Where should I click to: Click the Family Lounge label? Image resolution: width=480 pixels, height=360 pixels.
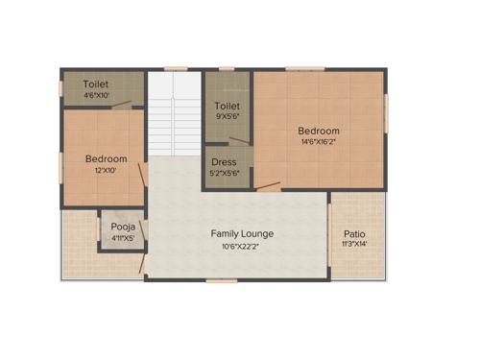click(x=243, y=233)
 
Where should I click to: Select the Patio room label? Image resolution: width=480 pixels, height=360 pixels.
click(x=354, y=233)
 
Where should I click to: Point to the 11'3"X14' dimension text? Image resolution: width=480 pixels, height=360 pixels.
click(x=354, y=245)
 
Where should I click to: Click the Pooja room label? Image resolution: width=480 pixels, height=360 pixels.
click(x=121, y=227)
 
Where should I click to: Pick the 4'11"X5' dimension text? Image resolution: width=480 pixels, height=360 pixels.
click(x=121, y=238)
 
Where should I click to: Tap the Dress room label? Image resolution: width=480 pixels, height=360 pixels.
click(x=224, y=162)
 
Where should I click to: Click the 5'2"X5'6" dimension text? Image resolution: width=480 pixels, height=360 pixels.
click(x=225, y=174)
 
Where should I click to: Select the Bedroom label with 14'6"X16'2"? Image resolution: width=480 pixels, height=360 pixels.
click(x=318, y=131)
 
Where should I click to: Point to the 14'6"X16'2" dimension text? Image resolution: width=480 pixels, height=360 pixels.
click(x=318, y=143)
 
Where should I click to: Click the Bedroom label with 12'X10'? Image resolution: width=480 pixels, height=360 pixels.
click(x=106, y=158)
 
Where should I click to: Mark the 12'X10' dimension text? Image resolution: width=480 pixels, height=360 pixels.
click(x=106, y=170)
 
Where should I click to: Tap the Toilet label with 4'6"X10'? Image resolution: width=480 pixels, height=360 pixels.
click(x=96, y=84)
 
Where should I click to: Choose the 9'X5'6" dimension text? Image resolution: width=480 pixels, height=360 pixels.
click(x=227, y=116)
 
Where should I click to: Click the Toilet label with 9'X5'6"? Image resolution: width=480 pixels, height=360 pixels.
click(x=227, y=105)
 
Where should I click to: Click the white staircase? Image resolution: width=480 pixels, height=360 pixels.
click(x=172, y=115)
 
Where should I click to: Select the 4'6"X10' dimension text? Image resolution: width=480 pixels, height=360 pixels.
click(x=96, y=95)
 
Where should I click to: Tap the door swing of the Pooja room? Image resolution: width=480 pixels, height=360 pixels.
click(x=140, y=261)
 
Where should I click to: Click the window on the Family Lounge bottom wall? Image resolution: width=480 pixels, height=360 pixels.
click(x=220, y=279)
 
